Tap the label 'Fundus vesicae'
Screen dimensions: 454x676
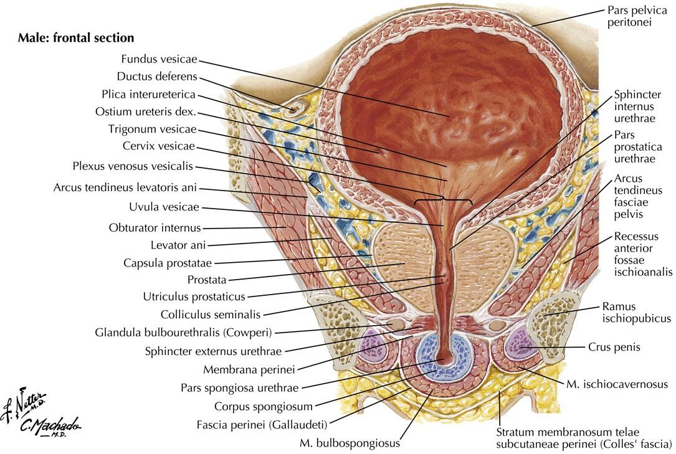(x=159, y=59)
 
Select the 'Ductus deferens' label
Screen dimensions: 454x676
(x=156, y=77)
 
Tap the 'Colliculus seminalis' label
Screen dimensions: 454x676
(x=210, y=314)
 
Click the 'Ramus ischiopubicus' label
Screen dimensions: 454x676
(x=636, y=312)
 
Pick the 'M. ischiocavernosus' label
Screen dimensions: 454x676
(x=617, y=384)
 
